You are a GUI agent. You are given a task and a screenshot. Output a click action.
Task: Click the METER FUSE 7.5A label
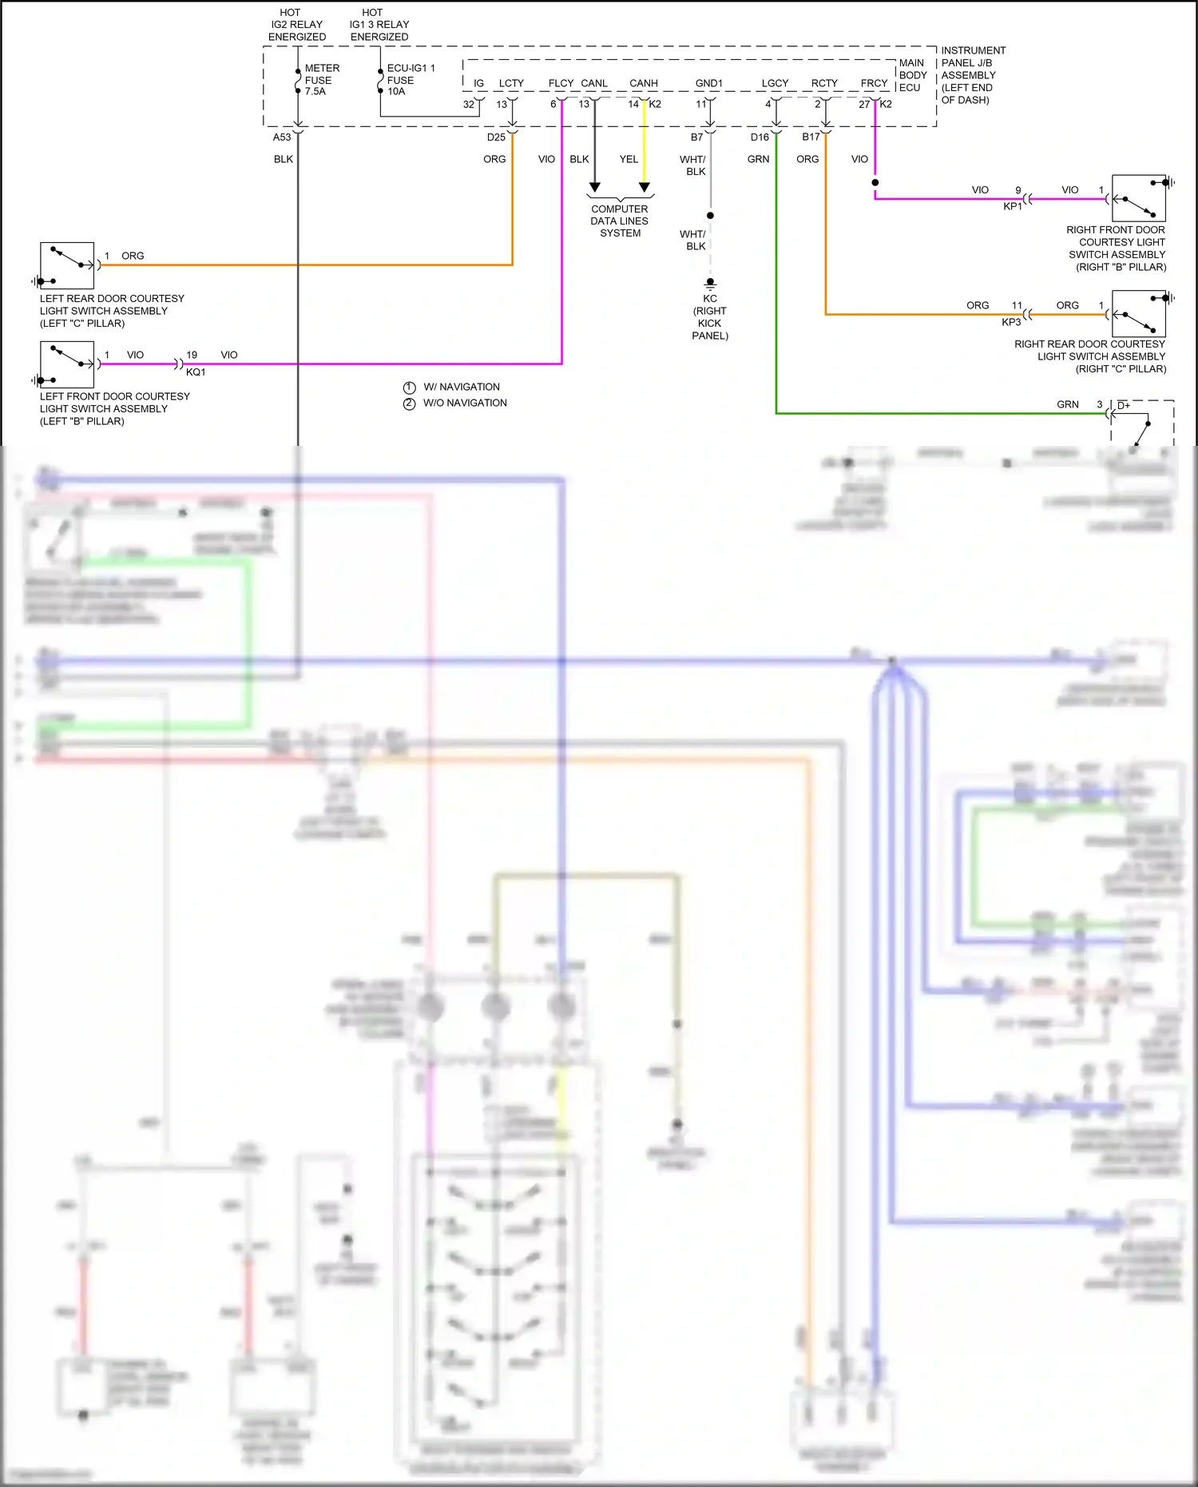pos(321,80)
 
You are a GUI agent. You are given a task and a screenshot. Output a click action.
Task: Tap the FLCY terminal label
pos(561,83)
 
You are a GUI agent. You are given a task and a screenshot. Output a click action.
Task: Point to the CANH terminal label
pos(643,83)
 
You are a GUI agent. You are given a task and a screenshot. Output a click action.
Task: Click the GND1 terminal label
pos(708,83)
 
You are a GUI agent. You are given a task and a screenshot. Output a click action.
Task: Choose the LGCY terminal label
pos(775,83)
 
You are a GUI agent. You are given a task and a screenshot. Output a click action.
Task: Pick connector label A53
pos(282,137)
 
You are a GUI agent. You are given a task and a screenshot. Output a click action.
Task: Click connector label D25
pos(496,137)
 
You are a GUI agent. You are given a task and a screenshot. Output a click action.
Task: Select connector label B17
pos(811,137)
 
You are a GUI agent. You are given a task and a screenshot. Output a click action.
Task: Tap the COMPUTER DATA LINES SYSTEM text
pos(620,221)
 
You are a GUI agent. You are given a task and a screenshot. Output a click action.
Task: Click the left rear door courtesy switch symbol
pos(67,265)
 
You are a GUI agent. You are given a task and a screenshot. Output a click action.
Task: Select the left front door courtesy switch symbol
pos(67,364)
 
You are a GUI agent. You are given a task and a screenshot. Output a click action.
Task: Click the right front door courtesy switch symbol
pos(1139,199)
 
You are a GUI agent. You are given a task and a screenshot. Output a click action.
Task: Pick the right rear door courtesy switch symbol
pos(1139,314)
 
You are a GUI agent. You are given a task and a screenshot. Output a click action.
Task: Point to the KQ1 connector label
pos(196,372)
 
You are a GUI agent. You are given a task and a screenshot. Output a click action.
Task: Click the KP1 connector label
pos(1012,206)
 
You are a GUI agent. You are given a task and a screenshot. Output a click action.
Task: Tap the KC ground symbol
pos(710,284)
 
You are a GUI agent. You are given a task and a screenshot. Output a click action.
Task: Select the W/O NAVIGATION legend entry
pos(464,404)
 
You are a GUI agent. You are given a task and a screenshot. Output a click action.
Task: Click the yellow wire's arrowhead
pos(645,188)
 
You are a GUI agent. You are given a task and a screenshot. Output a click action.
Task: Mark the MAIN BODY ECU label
pos(912,75)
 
